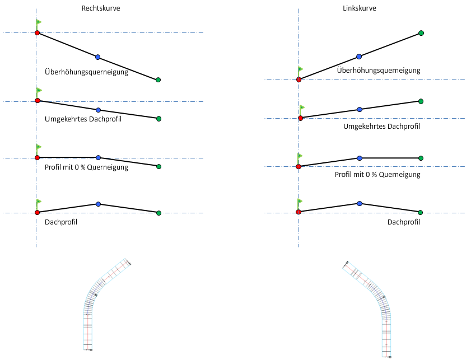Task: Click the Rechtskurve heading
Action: coord(101,8)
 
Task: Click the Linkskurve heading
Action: coord(360,8)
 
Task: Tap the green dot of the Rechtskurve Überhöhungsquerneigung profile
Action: coord(158,80)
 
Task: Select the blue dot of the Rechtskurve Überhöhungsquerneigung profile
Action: coord(97,57)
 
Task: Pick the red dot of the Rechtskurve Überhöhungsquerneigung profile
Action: coord(37,33)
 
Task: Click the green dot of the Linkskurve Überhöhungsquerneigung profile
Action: coord(421,33)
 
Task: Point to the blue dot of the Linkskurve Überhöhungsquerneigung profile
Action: coord(359,57)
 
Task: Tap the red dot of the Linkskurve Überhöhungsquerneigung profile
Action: coord(299,80)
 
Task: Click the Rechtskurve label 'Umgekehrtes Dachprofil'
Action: coord(83,119)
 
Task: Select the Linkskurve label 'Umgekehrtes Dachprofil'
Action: coord(381,127)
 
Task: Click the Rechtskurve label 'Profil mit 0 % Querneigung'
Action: coord(86,167)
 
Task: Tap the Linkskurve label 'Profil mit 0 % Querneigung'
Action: coord(377,175)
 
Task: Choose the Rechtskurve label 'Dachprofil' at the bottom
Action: coord(60,222)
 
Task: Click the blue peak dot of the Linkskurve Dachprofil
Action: coord(359,203)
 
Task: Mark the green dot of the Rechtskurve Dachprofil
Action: coord(158,213)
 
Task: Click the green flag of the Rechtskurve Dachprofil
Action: coord(39,202)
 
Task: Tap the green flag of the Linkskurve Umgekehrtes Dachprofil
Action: coord(302,107)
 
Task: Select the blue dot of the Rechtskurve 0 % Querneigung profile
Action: coord(98,158)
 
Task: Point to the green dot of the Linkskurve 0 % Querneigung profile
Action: coord(421,158)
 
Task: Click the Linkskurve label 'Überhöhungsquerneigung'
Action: coord(379,71)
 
